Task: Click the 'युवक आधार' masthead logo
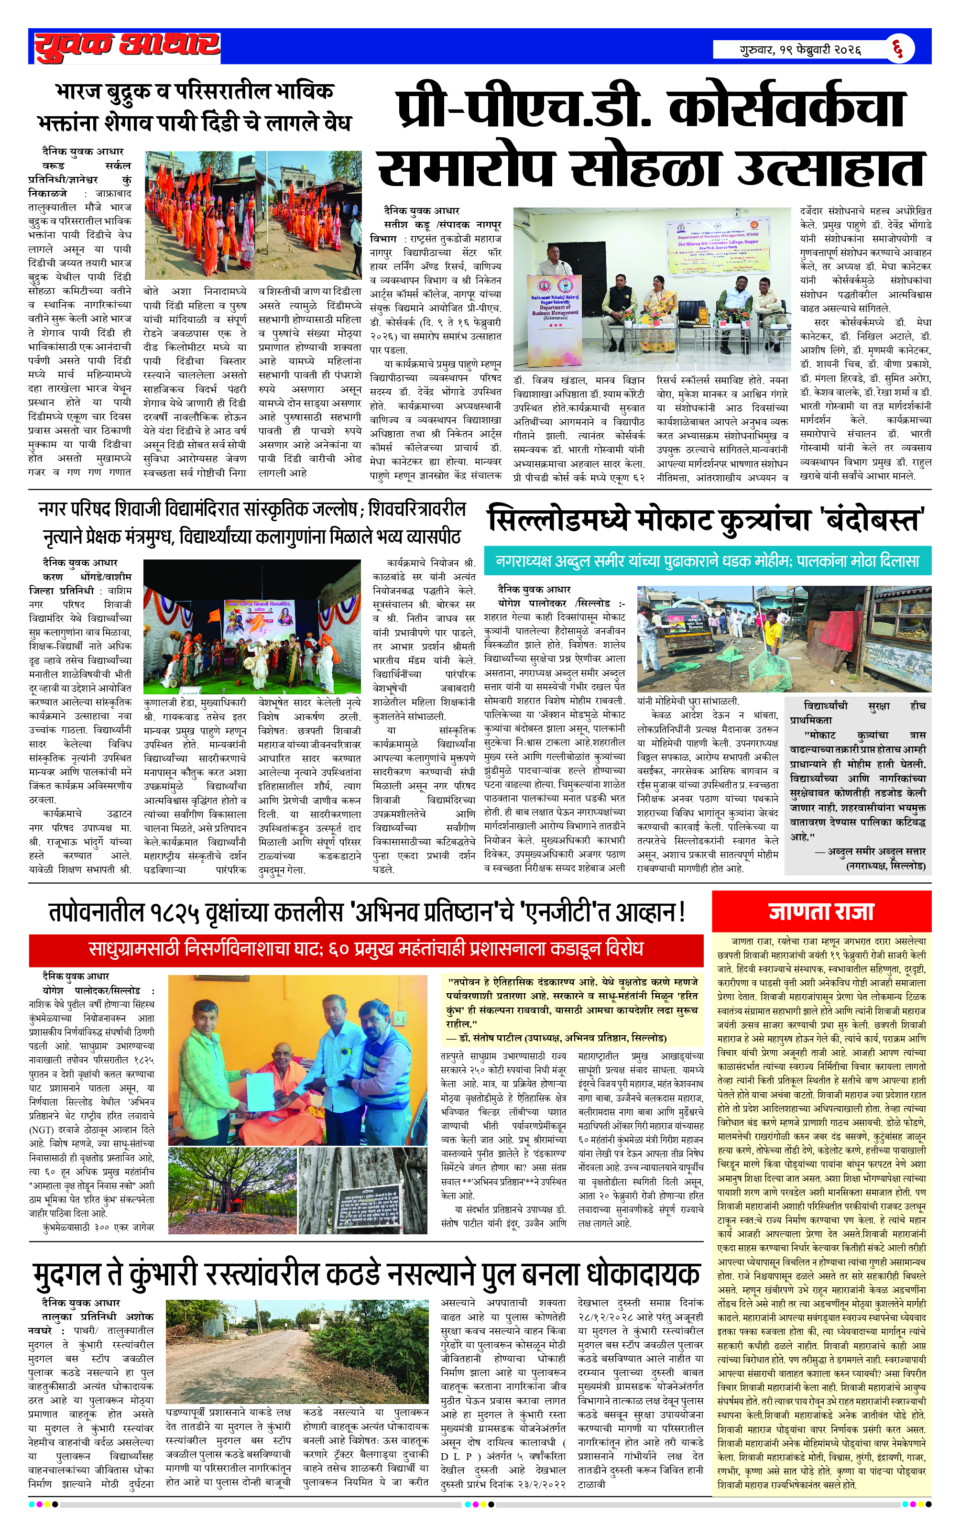tap(127, 46)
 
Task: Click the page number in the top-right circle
tap(899, 48)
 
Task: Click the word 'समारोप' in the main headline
tap(466, 167)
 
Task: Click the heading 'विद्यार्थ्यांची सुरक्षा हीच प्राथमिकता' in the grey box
tap(857, 713)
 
